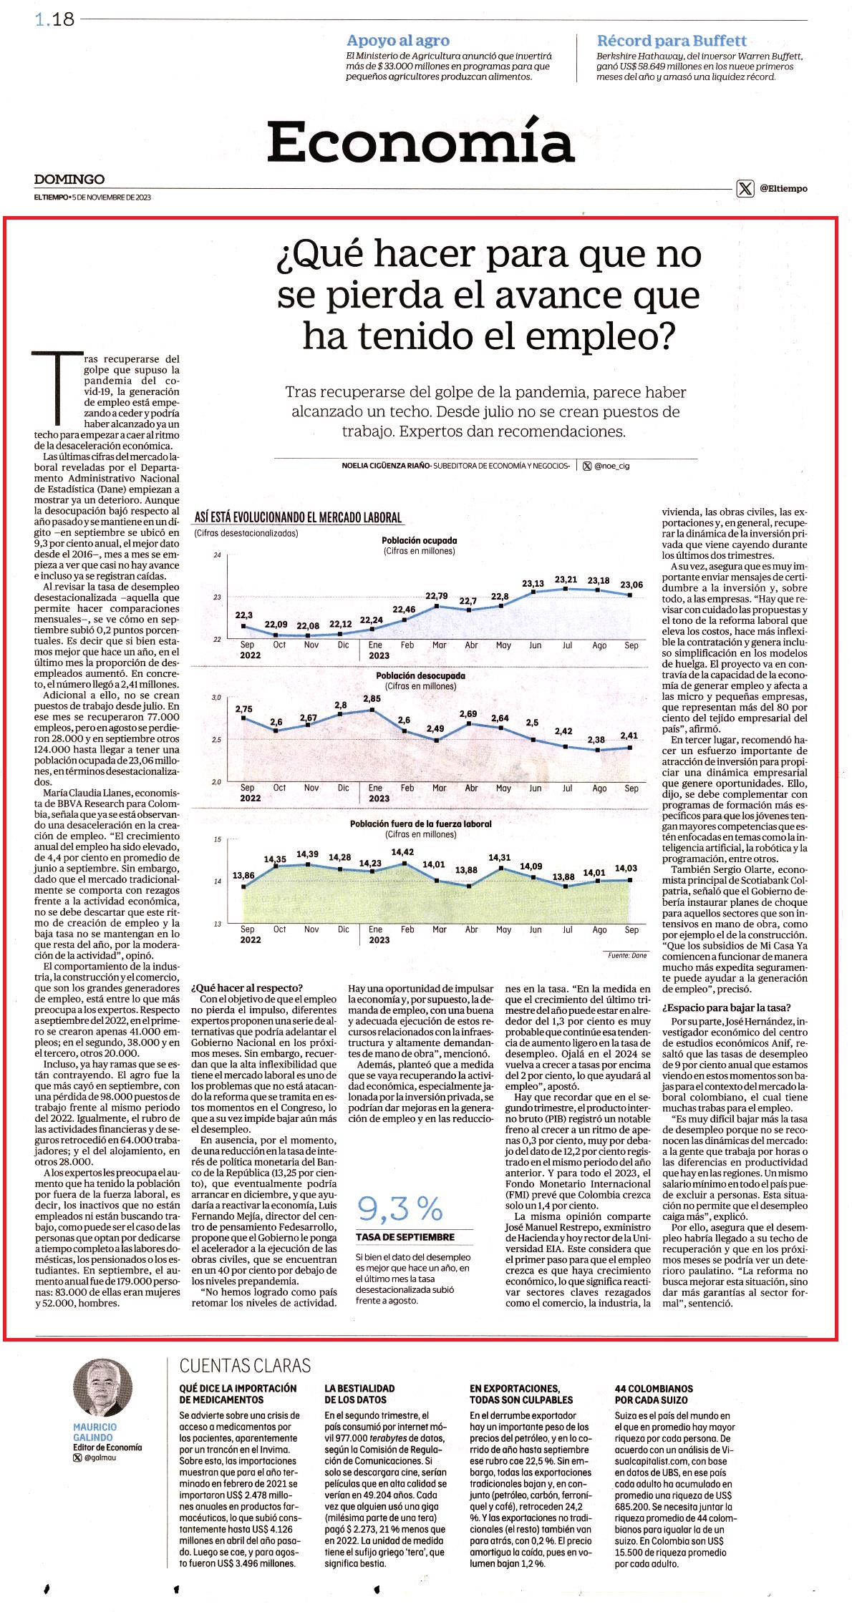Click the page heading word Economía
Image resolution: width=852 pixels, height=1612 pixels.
click(x=421, y=142)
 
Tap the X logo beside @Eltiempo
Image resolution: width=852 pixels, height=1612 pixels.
click(x=745, y=189)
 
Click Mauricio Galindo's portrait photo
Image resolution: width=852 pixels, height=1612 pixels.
click(x=103, y=1388)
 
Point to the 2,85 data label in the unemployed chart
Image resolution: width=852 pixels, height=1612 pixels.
click(x=372, y=698)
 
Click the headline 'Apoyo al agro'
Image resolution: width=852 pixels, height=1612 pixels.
click(x=397, y=41)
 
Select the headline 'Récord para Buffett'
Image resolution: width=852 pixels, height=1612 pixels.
click(x=672, y=41)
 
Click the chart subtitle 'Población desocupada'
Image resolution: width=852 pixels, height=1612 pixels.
click(x=420, y=675)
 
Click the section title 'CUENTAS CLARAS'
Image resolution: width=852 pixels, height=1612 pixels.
click(x=246, y=1366)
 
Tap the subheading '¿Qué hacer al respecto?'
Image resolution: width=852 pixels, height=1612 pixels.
click(x=247, y=988)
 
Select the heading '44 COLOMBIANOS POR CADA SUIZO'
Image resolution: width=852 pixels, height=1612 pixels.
click(x=654, y=1394)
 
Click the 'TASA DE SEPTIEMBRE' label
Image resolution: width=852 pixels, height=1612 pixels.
click(x=405, y=1236)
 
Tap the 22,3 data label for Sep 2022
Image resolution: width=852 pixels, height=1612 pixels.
click(x=244, y=615)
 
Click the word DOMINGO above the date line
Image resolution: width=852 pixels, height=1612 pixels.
click(x=69, y=179)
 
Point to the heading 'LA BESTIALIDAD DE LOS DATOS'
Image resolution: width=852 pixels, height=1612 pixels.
click(x=359, y=1394)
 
